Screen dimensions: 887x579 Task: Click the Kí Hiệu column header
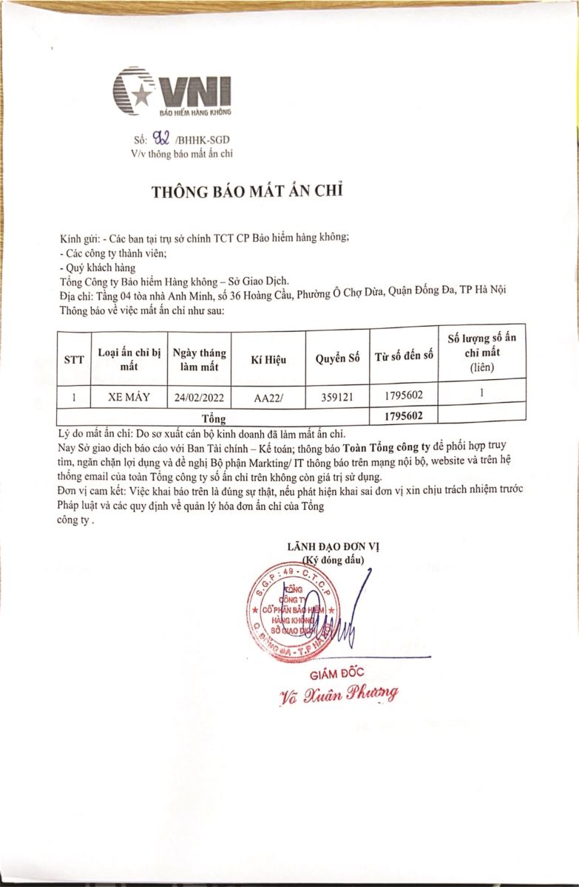269,360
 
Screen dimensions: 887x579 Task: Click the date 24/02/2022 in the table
198,398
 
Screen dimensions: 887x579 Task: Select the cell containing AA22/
269,398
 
